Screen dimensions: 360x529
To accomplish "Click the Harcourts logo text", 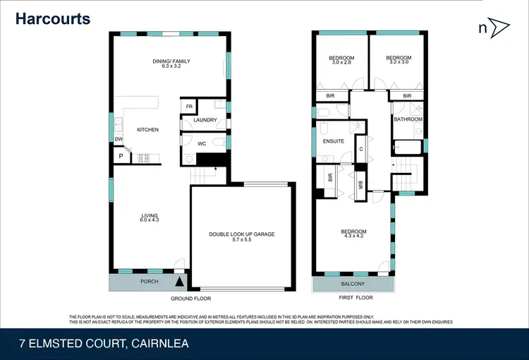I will point(54,18).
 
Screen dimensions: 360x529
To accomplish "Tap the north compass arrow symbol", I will point(500,28).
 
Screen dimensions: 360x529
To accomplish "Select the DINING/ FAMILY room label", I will point(171,64).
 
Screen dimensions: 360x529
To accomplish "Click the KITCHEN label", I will point(147,130).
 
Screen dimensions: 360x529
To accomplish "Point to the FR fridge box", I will point(189,107).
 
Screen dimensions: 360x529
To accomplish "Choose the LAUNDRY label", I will point(205,120).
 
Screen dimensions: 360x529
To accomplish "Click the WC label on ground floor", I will point(201,143).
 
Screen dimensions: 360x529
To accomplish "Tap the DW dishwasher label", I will point(118,140).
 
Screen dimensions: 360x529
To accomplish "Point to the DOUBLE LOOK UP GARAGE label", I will point(241,234).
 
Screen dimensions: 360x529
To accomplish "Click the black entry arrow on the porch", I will point(178,282).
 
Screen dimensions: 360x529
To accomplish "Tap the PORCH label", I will point(150,282).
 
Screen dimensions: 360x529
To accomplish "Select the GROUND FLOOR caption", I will point(196,299).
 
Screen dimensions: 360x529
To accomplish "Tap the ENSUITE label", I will point(333,141).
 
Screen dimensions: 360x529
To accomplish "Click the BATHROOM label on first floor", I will point(408,119).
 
